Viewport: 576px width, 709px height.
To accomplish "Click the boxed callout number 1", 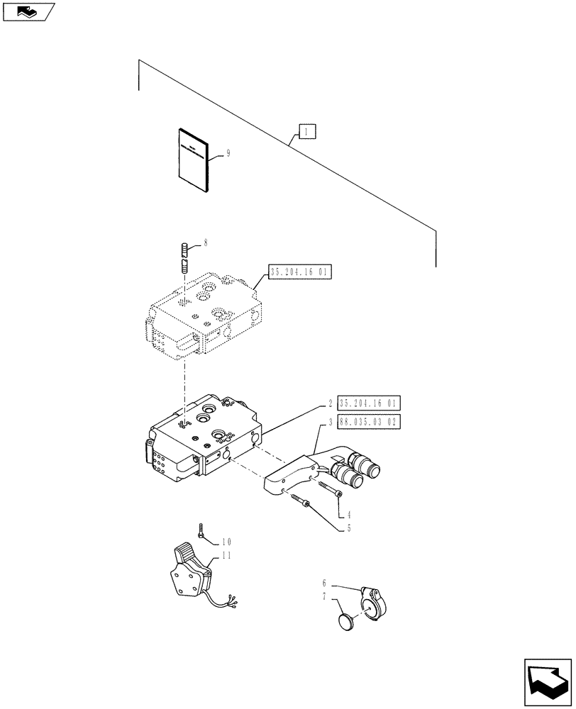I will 306,132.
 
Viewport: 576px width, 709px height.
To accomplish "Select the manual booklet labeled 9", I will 193,160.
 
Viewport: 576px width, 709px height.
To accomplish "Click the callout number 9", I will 228,153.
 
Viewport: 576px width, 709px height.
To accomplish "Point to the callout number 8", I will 205,243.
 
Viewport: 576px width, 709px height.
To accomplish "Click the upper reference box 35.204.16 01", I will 301,272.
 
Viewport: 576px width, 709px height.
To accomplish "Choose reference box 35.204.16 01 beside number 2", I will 369,404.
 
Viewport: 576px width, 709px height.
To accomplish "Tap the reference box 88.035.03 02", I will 369,422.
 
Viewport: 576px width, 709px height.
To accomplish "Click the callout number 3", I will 331,422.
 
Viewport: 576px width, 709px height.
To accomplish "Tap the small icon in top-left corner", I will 28,11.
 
